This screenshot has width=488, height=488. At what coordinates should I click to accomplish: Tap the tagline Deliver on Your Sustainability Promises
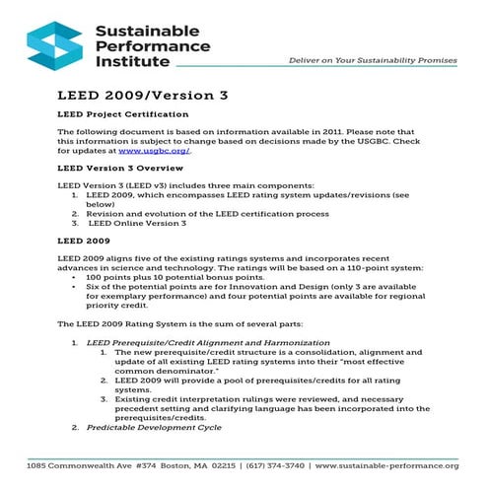click(x=372, y=60)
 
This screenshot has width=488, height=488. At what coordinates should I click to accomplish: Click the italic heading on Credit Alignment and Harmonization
click(x=208, y=341)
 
